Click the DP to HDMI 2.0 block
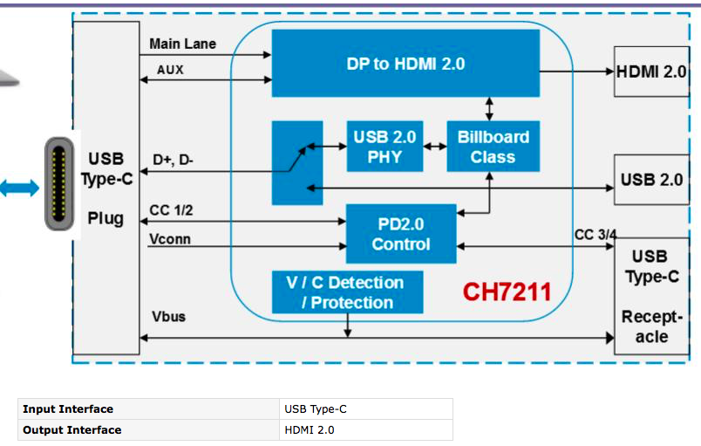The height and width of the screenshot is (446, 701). [x=405, y=64]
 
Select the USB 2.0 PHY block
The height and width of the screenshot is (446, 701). [x=385, y=147]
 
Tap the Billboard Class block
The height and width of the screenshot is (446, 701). [x=493, y=147]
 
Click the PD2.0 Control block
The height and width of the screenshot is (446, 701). [x=401, y=234]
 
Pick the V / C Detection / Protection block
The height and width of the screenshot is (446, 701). [x=347, y=292]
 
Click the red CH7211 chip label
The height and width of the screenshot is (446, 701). [x=507, y=291]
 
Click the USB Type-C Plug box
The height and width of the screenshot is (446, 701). [x=105, y=188]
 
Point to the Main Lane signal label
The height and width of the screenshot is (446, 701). [x=182, y=44]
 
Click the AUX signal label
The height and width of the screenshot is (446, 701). [x=170, y=69]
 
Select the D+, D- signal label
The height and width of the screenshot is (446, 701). [x=173, y=160]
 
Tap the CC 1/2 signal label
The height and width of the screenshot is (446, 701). [x=171, y=209]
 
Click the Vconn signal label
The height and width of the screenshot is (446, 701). [x=170, y=237]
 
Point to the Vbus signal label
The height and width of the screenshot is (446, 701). [x=167, y=316]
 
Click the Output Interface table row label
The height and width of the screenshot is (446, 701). [x=72, y=429]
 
